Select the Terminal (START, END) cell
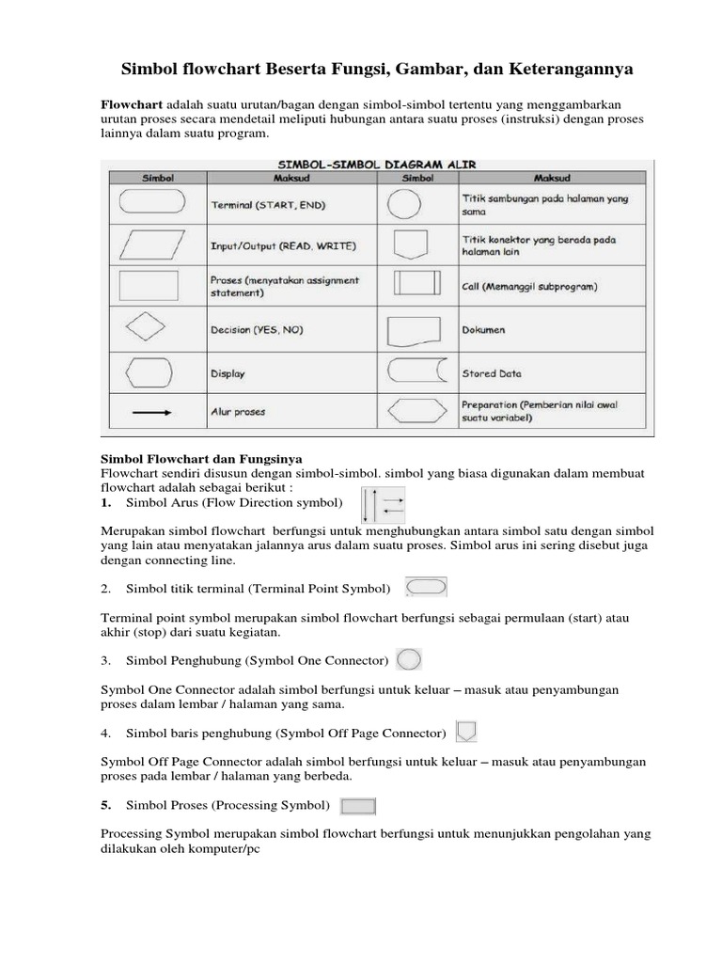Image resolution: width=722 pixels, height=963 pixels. tap(269, 204)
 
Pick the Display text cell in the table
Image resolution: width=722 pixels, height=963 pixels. tap(228, 373)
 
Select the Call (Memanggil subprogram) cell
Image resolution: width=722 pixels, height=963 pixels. tap(529, 286)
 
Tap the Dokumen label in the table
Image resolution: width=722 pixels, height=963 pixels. tap(483, 330)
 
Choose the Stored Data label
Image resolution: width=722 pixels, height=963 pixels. tap(492, 373)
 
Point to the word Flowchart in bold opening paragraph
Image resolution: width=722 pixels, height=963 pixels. tap(132, 103)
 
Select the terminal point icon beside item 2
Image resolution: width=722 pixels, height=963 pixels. tap(426, 587)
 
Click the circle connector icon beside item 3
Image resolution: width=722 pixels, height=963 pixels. tap(409, 659)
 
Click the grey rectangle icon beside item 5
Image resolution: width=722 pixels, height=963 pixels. tap(357, 806)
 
